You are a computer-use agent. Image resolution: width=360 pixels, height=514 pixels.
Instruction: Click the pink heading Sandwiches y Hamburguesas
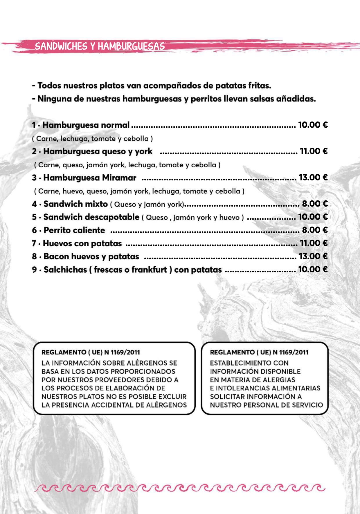(100, 46)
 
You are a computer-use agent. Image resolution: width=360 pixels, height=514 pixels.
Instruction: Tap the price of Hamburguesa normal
(313, 125)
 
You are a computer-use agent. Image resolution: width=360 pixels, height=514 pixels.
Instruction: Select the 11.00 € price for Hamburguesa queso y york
(314, 151)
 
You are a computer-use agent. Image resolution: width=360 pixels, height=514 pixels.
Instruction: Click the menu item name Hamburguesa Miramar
(89, 178)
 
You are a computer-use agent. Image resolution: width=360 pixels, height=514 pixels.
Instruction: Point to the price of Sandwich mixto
(315, 204)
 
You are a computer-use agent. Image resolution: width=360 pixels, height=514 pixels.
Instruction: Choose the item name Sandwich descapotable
(91, 217)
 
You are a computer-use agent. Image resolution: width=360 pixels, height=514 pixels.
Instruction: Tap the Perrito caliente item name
(74, 230)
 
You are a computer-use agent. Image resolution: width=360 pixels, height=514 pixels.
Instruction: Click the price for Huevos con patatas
(314, 243)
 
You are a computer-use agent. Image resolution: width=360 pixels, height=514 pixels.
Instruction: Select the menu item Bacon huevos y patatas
(91, 256)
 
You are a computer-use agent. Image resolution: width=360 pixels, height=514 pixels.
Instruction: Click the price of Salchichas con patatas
(313, 269)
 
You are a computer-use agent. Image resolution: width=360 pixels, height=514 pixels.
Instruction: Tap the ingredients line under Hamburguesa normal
(92, 139)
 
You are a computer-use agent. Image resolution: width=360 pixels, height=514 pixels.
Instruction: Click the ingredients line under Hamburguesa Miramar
(139, 191)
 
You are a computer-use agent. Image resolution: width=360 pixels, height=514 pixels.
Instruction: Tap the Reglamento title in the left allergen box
(91, 352)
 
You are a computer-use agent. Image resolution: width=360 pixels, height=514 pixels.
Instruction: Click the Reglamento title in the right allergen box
(259, 352)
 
